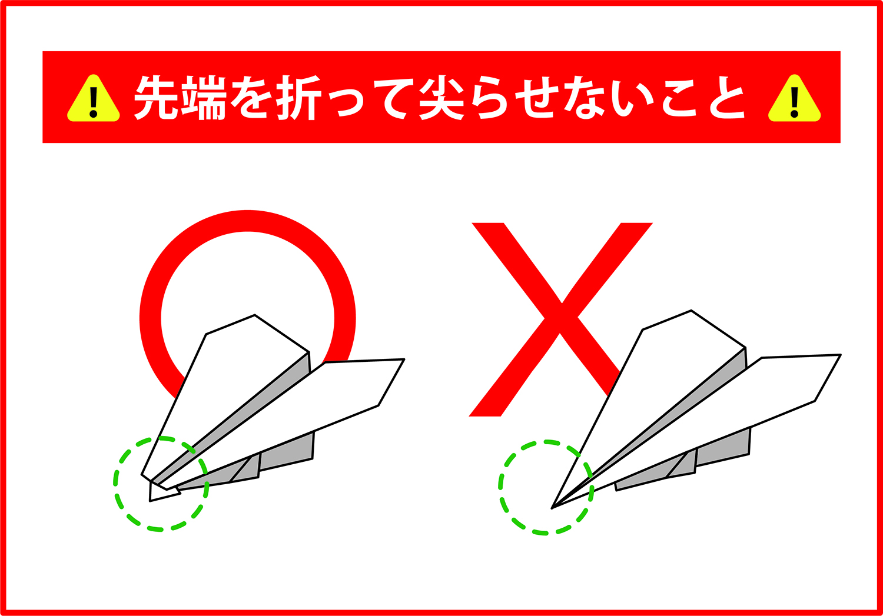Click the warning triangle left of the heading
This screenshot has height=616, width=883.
pyautogui.click(x=93, y=99)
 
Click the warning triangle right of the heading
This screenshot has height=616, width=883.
pyautogui.click(x=794, y=99)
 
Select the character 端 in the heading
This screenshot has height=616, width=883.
pyautogui.click(x=204, y=98)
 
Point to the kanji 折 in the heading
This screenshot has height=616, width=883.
pyautogui.click(x=298, y=98)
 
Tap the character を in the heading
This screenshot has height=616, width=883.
pyautogui.click(x=251, y=98)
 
